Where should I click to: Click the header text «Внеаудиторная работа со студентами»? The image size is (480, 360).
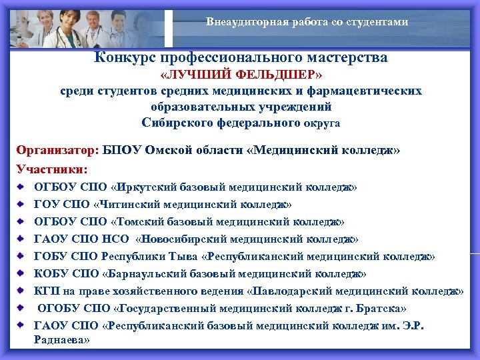point(307,22)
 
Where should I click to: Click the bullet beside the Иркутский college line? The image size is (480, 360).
point(22,187)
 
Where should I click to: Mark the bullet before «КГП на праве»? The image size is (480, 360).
point(22,291)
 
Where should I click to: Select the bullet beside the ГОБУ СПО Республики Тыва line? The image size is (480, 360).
point(22,257)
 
